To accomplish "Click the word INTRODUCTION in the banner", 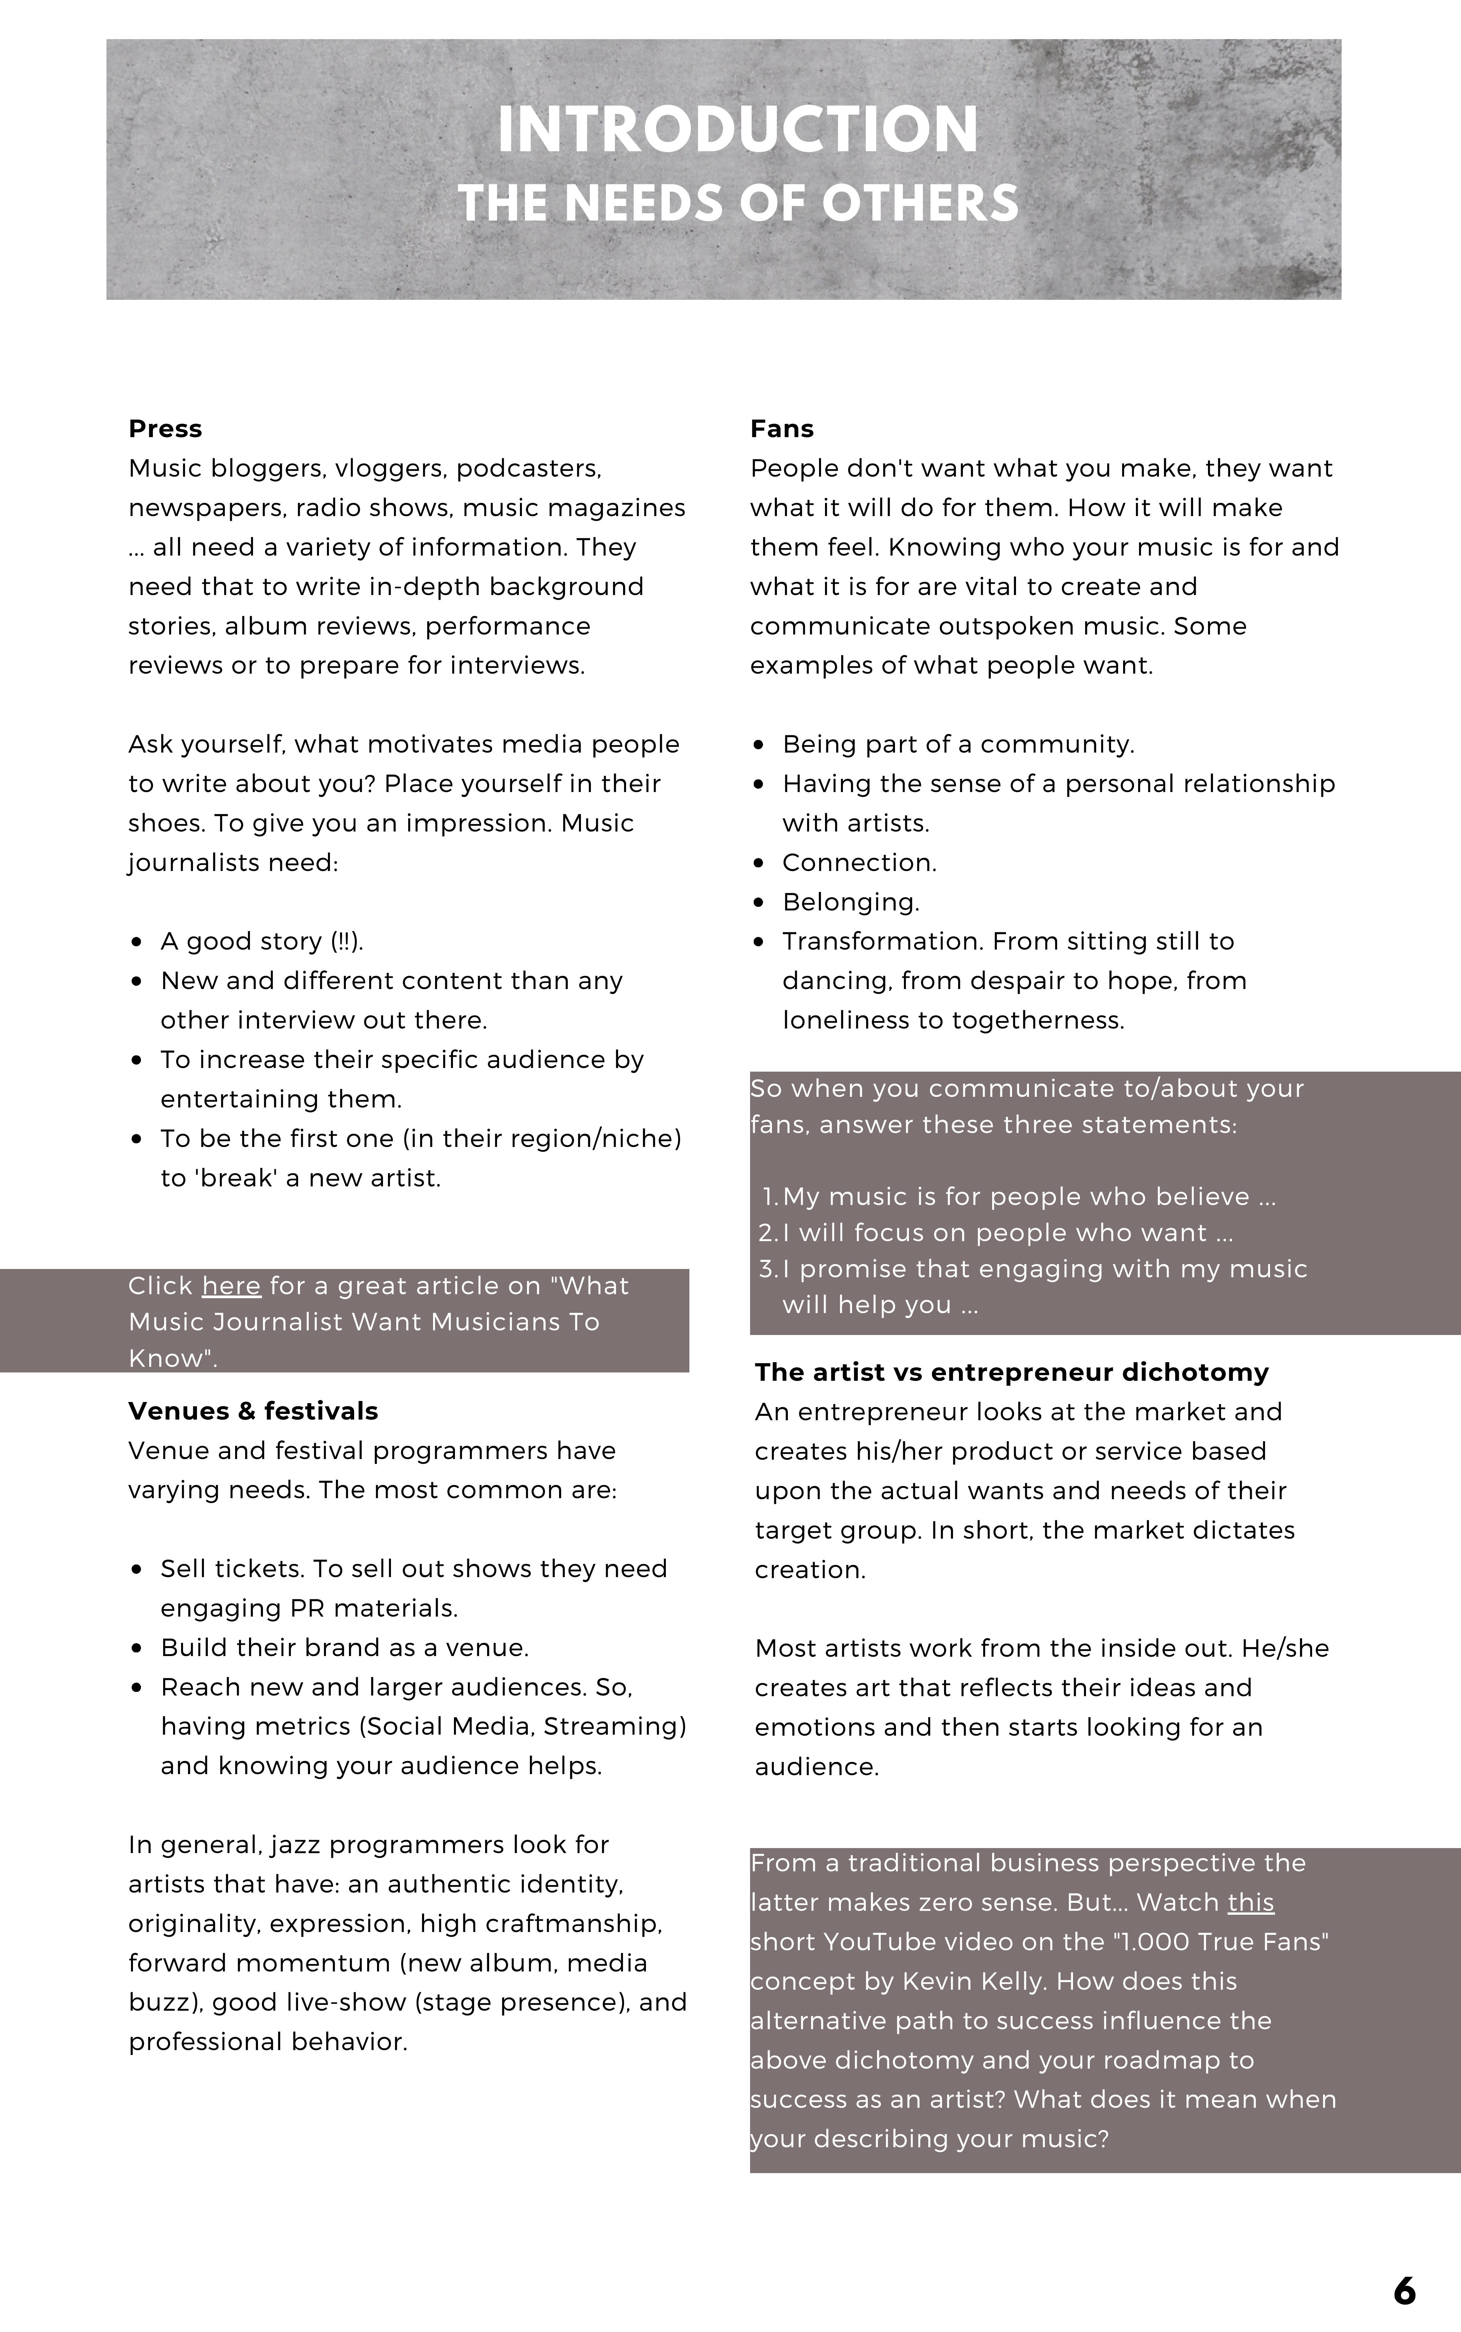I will click(x=737, y=129).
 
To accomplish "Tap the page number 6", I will click(x=1404, y=2291).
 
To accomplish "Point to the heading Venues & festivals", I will click(x=253, y=1411).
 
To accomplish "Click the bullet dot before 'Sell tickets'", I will click(x=138, y=1569).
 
